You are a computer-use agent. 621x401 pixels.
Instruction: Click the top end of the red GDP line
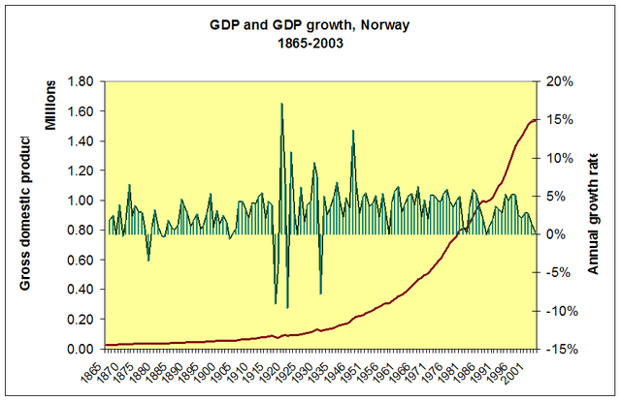coord(535,119)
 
